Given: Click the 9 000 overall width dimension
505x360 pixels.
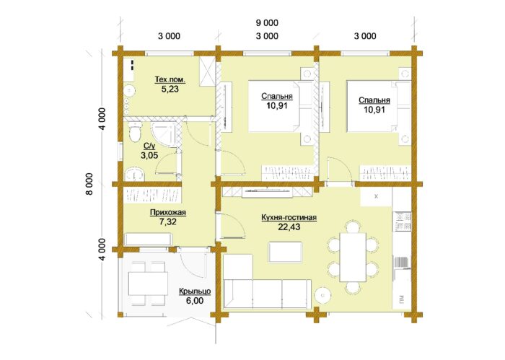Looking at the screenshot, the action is pos(267,23).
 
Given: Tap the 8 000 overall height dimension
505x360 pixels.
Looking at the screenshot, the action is pos(89,184).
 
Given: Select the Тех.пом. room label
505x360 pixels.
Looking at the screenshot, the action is pos(170,79).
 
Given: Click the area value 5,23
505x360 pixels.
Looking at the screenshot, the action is pos(170,89).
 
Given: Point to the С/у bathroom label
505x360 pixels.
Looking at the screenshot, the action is pos(149,146).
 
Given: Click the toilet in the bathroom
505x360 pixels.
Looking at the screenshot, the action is pos(135,132).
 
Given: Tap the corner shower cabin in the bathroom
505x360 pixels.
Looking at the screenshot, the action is pos(164,135).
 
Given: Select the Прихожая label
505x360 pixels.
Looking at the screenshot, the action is pos(168,213).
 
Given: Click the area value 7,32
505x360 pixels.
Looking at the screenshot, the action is pos(168,221).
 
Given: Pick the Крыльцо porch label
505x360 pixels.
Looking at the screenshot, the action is pos(195,291).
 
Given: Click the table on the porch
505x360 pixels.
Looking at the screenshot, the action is pos(148,284).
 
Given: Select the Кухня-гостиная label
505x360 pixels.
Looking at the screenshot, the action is pos(289,218).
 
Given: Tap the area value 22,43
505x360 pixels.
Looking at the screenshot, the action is pos(289,227).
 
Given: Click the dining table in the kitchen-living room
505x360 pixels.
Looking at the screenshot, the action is pos(353,257).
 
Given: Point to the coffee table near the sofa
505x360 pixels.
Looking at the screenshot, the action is pos(286,253).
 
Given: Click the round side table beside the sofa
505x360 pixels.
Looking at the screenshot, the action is pos(322,295).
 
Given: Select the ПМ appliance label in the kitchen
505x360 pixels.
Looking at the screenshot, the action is pos(402,299).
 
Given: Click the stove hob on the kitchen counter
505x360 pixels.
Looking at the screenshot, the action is pos(402,221).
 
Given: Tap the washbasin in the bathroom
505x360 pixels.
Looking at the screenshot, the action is pos(135,174).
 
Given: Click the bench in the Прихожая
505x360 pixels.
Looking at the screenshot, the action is pos(148,240).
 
